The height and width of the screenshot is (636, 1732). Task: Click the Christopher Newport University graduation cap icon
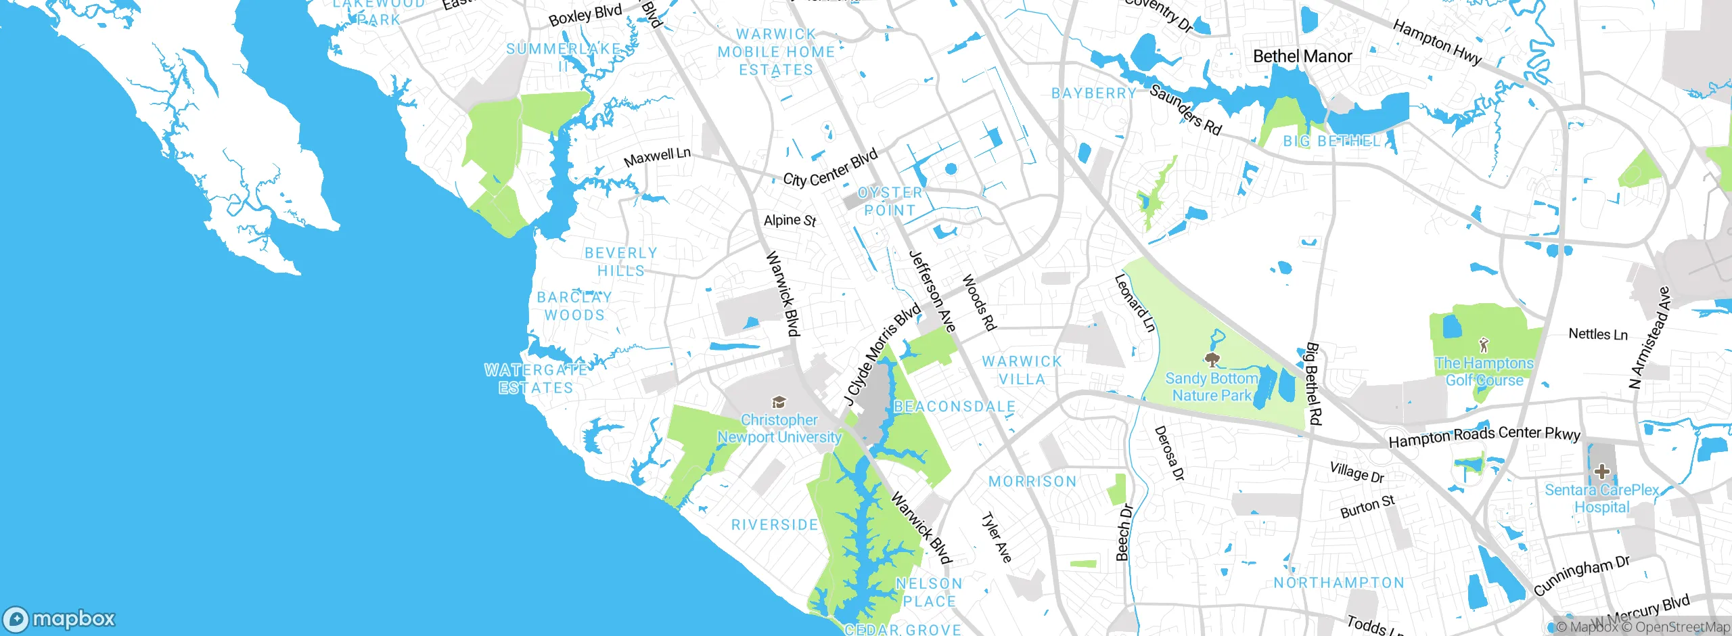[x=779, y=403]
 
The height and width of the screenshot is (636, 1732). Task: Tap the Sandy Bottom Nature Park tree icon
[x=1212, y=359]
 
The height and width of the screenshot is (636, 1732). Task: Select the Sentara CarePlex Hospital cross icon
[x=1601, y=471]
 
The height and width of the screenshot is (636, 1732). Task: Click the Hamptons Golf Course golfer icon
[x=1484, y=345]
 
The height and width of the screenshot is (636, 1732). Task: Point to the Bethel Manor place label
[x=1302, y=56]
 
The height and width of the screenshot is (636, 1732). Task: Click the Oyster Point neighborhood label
[x=890, y=202]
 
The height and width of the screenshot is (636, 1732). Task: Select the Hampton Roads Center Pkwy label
[x=1484, y=436]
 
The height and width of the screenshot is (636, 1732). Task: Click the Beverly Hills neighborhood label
[x=620, y=262]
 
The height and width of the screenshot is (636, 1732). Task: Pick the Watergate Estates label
[x=536, y=379]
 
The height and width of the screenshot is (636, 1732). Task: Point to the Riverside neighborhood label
[x=775, y=525]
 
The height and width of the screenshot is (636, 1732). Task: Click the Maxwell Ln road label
[x=657, y=157]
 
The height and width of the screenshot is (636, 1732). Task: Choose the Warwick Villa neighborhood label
[x=1022, y=370]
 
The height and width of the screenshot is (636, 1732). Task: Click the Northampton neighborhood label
[x=1339, y=583]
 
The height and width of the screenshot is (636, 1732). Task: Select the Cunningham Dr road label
[x=1582, y=575]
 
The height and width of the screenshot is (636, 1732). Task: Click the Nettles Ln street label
[x=1597, y=334]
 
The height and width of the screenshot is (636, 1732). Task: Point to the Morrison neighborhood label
[x=1032, y=482]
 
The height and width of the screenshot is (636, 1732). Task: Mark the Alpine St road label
[x=790, y=221]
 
